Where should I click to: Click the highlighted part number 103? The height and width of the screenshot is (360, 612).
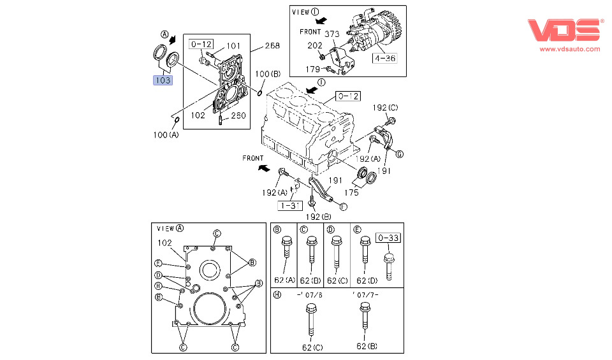pyautogui.click(x=162, y=80)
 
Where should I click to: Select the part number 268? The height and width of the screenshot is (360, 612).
pyautogui.click(x=273, y=45)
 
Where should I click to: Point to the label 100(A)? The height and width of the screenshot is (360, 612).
pyautogui.click(x=166, y=135)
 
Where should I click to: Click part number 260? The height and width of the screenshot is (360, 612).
pyautogui.click(x=237, y=116)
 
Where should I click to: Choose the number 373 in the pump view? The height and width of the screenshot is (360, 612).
pyautogui.click(x=332, y=33)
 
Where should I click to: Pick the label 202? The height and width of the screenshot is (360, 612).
pyautogui.click(x=314, y=45)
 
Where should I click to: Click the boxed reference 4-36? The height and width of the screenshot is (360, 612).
pyautogui.click(x=385, y=58)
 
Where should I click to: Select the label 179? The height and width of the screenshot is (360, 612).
pyautogui.click(x=312, y=69)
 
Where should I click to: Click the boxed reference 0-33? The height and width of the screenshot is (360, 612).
pyautogui.click(x=388, y=238)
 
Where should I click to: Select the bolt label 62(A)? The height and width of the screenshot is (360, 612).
pyautogui.click(x=285, y=280)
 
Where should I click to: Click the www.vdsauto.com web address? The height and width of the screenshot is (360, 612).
pyautogui.click(x=570, y=49)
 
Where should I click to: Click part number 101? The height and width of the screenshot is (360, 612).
pyautogui.click(x=233, y=45)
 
